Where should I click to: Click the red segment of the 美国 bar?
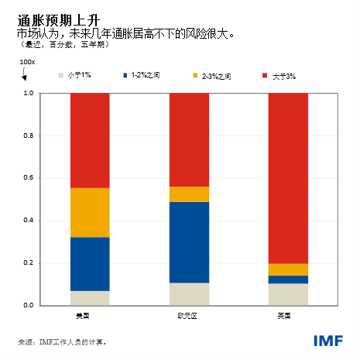[x=90, y=140]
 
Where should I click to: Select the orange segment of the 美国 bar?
[x=90, y=212]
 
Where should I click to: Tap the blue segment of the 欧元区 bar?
[x=189, y=242]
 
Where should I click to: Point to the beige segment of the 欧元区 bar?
[x=189, y=294]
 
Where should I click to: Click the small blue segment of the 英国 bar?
[x=288, y=279]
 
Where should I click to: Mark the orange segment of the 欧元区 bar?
[x=189, y=194]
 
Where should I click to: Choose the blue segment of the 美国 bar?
[x=90, y=264]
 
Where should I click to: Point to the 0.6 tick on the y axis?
[x=28, y=178]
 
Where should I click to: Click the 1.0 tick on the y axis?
[x=28, y=93]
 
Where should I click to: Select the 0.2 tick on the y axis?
[x=28, y=263]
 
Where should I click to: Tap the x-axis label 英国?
[x=285, y=316]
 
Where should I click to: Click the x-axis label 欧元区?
[x=187, y=316]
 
